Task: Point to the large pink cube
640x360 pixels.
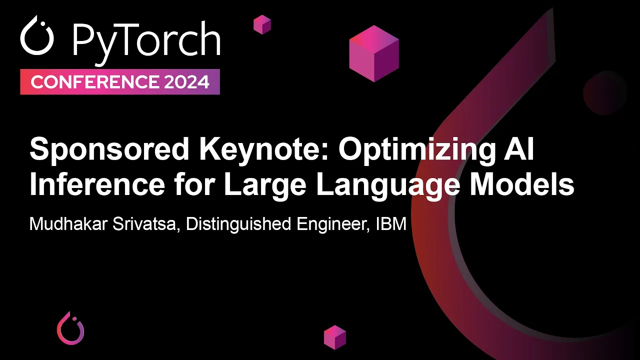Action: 374,53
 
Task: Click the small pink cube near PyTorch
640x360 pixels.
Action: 262,24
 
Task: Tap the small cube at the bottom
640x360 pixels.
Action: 335,337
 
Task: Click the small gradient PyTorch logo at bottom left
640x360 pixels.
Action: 70,328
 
